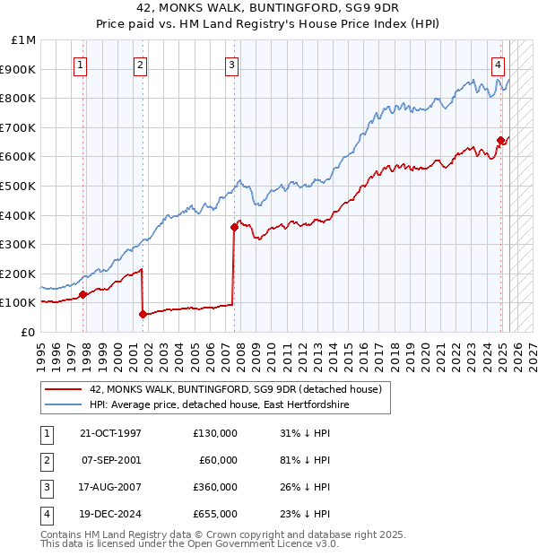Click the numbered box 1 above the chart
(x=81, y=64)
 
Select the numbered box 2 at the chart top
(x=141, y=64)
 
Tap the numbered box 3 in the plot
(x=231, y=64)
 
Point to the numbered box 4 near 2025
(x=498, y=64)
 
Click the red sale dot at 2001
(x=143, y=314)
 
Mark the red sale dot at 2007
(x=233, y=227)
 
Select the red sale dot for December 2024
(x=499, y=140)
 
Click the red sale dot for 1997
(x=82, y=293)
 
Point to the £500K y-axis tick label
(x=20, y=186)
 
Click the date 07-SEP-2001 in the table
(x=110, y=460)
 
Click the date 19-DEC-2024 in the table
(x=110, y=514)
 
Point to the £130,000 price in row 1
(x=214, y=433)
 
